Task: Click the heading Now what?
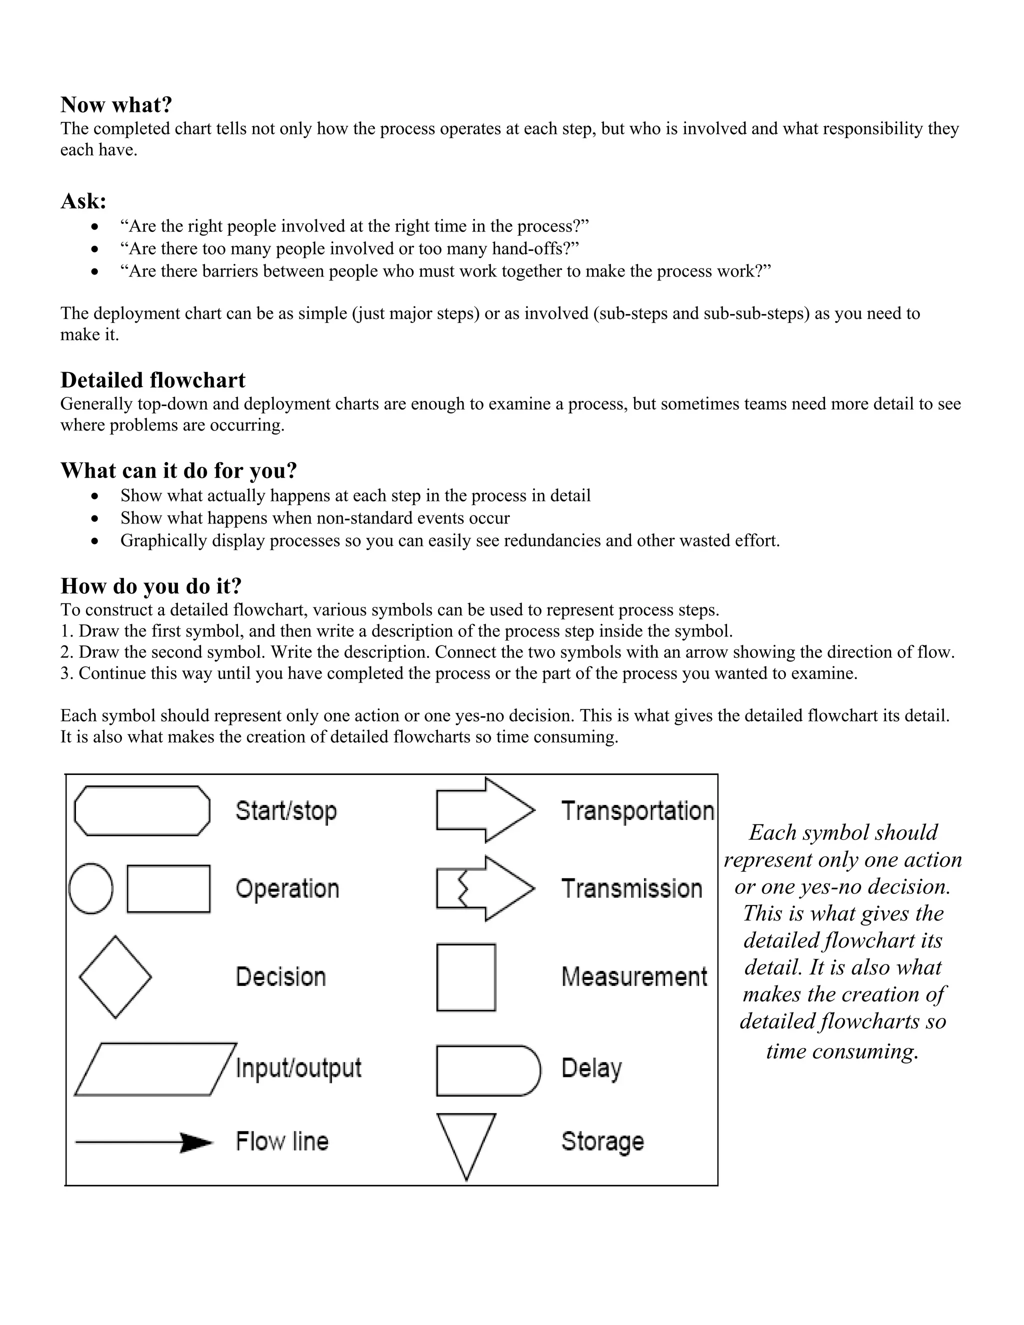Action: tap(116, 105)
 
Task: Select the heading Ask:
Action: tap(83, 201)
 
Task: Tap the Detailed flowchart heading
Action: tap(153, 380)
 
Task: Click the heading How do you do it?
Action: tap(151, 586)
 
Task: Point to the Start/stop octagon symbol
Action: tap(142, 811)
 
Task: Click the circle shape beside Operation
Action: tap(91, 889)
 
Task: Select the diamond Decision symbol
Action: tap(115, 977)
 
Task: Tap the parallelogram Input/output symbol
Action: tap(155, 1069)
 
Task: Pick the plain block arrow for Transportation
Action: tap(484, 810)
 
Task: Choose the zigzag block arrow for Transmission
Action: tap(484, 889)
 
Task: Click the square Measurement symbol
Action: tap(466, 977)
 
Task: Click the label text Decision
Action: tap(280, 977)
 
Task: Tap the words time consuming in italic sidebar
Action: tap(842, 1051)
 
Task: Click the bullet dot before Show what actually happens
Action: tap(94, 496)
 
